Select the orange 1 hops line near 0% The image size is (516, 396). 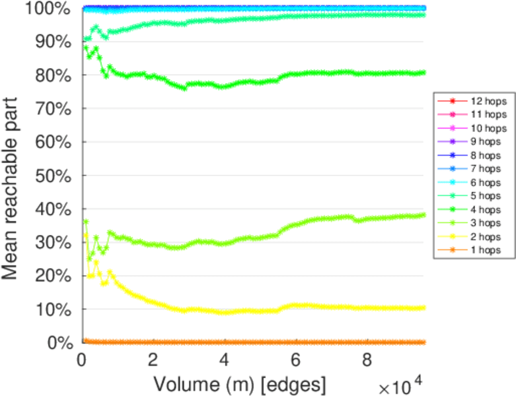tap(264, 343)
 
